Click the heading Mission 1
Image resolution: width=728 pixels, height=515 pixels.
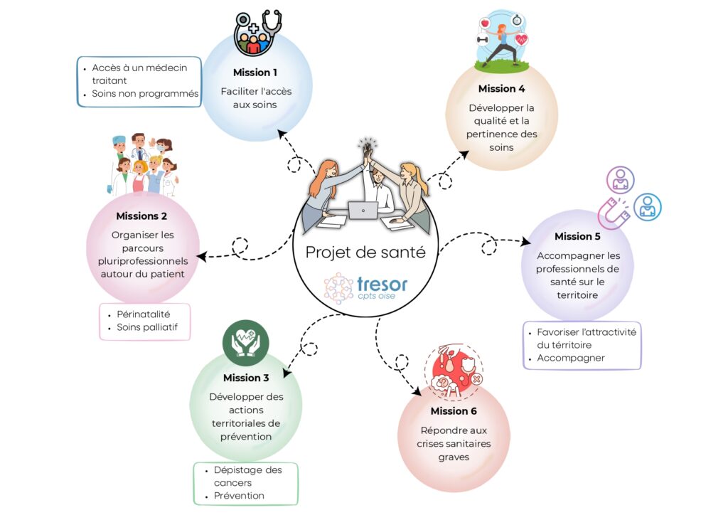[x=255, y=73]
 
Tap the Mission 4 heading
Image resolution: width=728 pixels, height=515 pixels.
[x=501, y=89]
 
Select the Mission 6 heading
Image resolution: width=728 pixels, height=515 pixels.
[x=454, y=411]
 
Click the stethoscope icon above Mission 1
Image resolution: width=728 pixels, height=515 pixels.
[x=271, y=23]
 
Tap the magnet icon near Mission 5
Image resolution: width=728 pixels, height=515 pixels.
[x=613, y=212]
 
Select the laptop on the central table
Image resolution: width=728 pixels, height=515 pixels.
[x=363, y=211]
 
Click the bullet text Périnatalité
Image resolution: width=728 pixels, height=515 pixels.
[x=143, y=314]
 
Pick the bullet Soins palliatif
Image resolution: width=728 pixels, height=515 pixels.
[x=147, y=328]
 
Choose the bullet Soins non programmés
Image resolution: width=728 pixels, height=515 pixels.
[x=145, y=94]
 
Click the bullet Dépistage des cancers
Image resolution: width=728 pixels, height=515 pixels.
[x=247, y=476]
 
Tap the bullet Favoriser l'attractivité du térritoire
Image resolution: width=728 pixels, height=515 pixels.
[x=587, y=338]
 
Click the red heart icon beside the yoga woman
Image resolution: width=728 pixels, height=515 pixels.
[x=523, y=40]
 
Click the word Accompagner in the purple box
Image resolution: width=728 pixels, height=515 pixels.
[x=570, y=358]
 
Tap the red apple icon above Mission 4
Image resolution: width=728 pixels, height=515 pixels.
[x=486, y=23]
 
